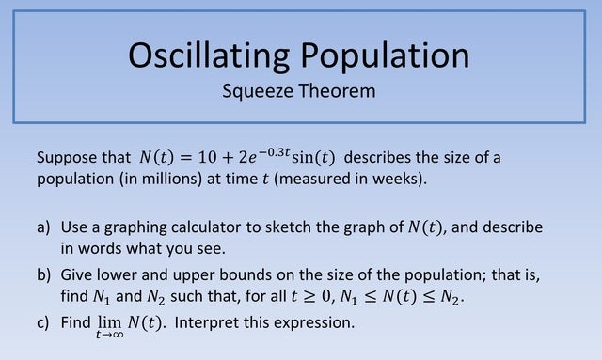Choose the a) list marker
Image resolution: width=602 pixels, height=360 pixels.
[44, 228]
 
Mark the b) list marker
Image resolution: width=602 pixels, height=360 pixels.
[44, 274]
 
